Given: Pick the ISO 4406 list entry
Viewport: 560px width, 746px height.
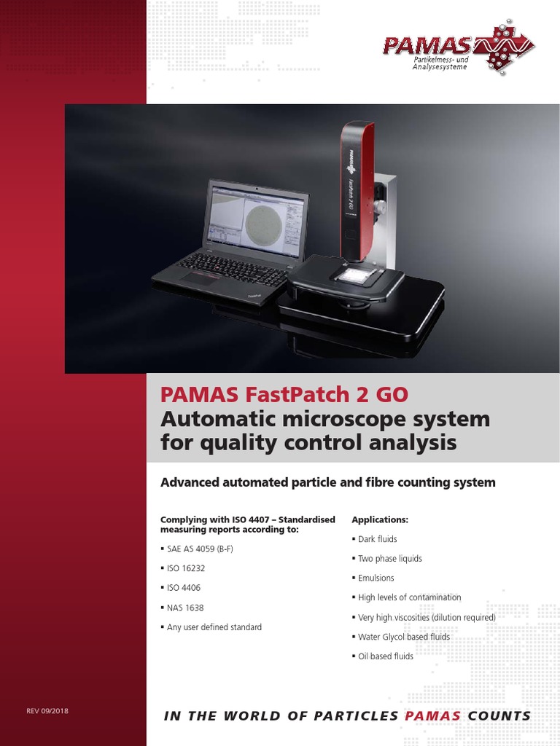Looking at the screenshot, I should (184, 587).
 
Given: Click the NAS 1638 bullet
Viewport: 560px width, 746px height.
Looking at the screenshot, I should (184, 607).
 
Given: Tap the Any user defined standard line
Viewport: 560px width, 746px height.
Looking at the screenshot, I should (214, 627).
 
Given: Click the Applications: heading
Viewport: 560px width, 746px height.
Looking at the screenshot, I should (381, 520).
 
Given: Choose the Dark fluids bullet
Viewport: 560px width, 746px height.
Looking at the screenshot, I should (377, 539).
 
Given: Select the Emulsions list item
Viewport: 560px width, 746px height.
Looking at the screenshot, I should (376, 578).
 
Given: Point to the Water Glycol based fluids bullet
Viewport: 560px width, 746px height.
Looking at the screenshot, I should (404, 637).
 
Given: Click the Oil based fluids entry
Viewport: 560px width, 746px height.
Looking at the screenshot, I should (386, 656).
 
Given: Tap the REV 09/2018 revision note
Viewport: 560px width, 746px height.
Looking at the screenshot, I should (47, 710).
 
